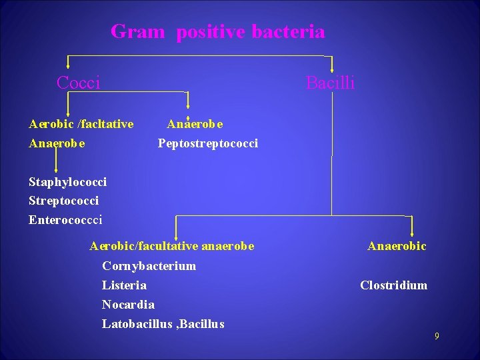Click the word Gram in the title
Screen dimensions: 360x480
point(137,31)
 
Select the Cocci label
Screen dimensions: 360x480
point(78,83)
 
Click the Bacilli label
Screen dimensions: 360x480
point(330,83)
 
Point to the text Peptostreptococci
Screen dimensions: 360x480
point(207,143)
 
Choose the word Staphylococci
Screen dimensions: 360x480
point(67,182)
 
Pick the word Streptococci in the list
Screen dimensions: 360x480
point(63,201)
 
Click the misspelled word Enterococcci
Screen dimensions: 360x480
point(65,219)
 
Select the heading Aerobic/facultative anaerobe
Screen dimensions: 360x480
point(171,246)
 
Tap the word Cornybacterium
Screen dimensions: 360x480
point(149,266)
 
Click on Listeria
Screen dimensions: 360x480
point(124,285)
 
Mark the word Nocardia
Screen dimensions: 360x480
point(128,305)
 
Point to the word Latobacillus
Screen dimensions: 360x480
point(139,324)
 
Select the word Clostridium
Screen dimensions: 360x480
point(393,285)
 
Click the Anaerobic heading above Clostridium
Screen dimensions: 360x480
point(397,246)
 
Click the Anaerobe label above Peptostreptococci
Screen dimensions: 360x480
point(195,124)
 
